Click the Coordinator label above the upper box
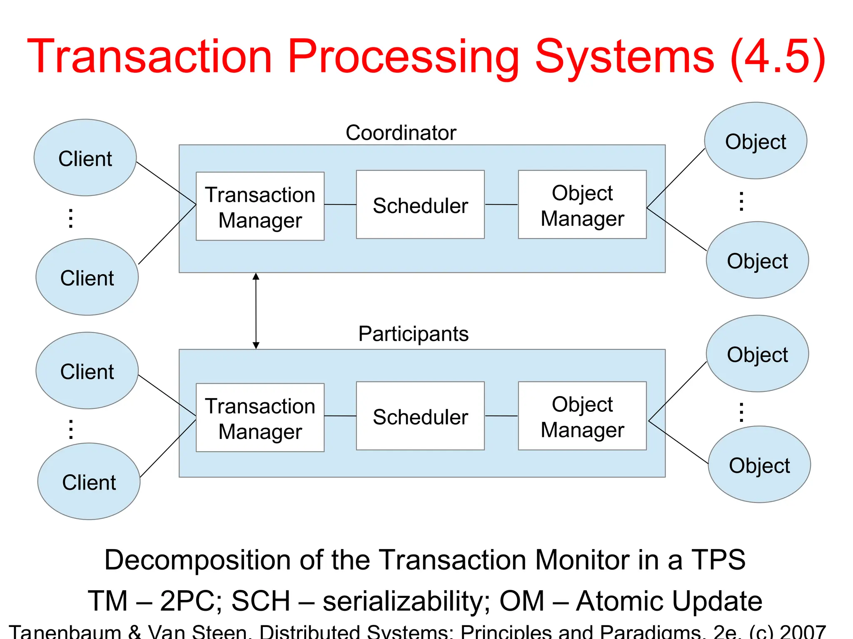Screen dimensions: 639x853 point(401,133)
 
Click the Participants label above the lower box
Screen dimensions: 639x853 point(413,334)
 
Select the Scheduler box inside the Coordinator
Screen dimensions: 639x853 point(420,205)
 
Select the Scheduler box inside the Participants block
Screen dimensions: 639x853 point(420,416)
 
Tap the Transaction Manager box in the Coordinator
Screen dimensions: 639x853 point(260,207)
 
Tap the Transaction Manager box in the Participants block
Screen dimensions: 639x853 point(260,418)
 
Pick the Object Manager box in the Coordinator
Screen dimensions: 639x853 point(582,205)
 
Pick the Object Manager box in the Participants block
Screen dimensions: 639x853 point(582,416)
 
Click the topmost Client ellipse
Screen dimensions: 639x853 point(85,158)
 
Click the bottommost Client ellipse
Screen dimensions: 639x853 point(89,481)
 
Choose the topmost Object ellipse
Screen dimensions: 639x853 point(756,141)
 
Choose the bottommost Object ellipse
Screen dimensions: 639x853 point(759,465)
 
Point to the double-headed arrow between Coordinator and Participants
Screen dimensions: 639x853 point(256,311)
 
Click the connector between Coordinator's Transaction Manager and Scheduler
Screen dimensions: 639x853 point(340,205)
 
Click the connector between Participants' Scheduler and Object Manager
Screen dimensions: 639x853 point(501,416)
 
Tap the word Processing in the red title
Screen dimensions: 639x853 point(403,57)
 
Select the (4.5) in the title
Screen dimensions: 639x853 point(778,57)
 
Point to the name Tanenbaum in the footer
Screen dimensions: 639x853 point(65,632)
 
